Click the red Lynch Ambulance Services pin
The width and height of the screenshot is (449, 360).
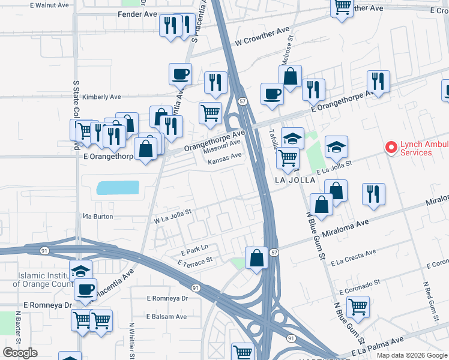click(x=391, y=147)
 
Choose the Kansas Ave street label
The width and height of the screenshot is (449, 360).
click(x=225, y=156)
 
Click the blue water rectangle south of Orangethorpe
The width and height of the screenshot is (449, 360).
click(x=117, y=189)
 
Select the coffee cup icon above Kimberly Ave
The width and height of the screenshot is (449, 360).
click(x=180, y=75)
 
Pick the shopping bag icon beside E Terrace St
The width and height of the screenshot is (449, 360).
click(x=256, y=259)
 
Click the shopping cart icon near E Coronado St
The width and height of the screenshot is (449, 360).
click(x=358, y=307)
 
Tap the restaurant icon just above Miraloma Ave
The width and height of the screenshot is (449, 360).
click(x=374, y=194)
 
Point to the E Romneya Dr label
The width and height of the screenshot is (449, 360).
click(x=167, y=298)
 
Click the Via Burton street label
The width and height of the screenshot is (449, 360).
click(x=98, y=217)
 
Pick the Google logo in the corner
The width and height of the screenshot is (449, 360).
click(x=20, y=353)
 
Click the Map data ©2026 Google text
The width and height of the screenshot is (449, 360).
click(x=411, y=355)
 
